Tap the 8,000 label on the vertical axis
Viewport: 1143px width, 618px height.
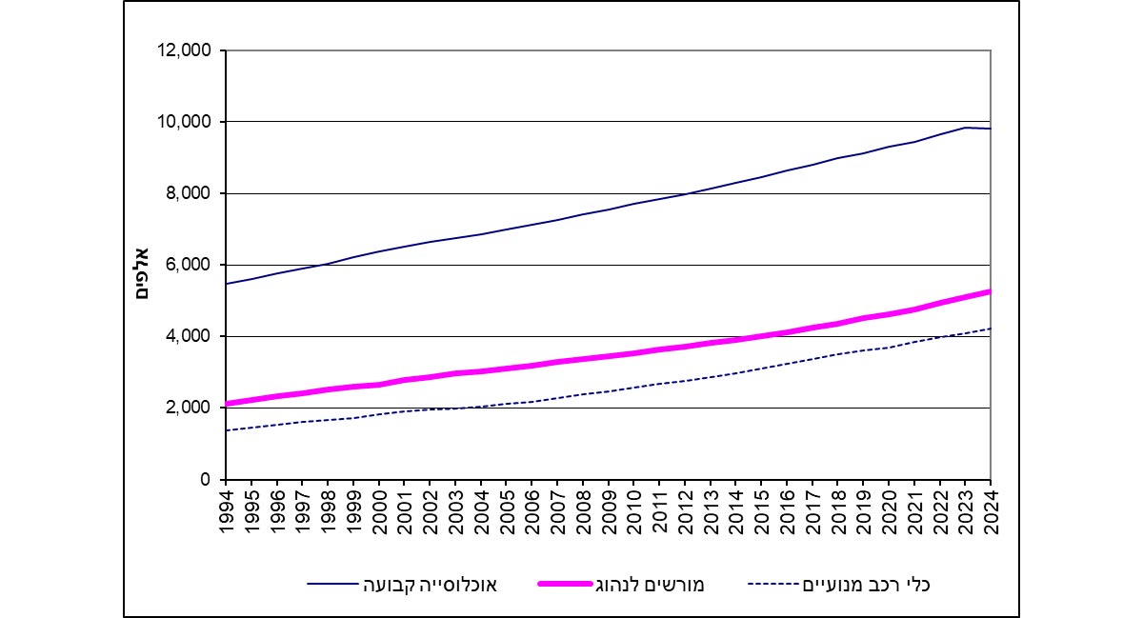click(x=190, y=193)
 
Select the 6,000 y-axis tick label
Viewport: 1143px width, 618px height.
click(x=190, y=265)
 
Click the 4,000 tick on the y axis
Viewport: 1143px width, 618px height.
click(x=190, y=336)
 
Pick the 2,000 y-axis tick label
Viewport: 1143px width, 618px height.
click(x=190, y=408)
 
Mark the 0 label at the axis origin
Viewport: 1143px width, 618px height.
click(x=206, y=480)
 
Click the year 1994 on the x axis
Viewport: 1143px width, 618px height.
click(x=227, y=512)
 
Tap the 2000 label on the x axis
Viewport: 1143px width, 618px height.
click(x=379, y=512)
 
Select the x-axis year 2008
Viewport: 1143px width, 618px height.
click(x=583, y=512)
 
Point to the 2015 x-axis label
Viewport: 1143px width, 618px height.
click(x=761, y=512)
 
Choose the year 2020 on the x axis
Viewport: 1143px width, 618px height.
click(x=889, y=512)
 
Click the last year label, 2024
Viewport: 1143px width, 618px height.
click(x=991, y=512)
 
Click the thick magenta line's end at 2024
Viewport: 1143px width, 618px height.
click(x=991, y=291)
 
